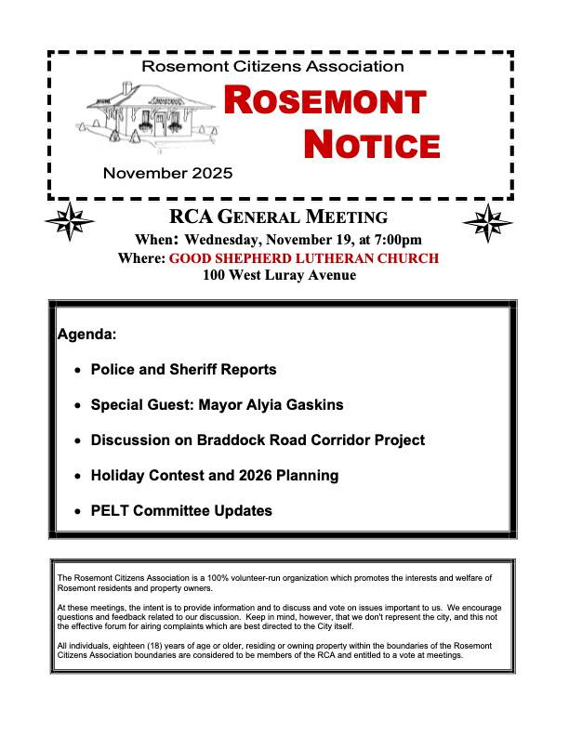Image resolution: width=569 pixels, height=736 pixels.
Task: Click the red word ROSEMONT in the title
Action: pyautogui.click(x=324, y=101)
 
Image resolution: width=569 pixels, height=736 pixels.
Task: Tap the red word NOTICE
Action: pyautogui.click(x=372, y=144)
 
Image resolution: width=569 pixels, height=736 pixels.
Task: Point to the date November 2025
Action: pyautogui.click(x=168, y=173)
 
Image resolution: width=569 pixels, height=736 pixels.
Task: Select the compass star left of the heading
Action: pyautogui.click(x=71, y=223)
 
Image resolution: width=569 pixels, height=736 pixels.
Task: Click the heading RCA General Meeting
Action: pyautogui.click(x=278, y=218)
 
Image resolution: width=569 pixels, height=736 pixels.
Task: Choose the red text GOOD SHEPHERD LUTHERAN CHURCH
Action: pyautogui.click(x=303, y=258)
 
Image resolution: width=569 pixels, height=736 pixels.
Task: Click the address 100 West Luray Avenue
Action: pyautogui.click(x=279, y=275)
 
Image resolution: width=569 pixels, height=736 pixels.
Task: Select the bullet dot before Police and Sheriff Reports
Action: pyautogui.click(x=76, y=370)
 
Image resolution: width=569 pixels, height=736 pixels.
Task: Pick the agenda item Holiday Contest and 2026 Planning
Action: pyautogui.click(x=214, y=476)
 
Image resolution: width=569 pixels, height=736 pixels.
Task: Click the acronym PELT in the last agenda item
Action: pyautogui.click(x=110, y=511)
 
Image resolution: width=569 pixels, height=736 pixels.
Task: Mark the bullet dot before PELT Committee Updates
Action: pyautogui.click(x=76, y=511)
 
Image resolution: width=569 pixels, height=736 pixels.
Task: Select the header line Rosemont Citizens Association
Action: pyautogui.click(x=272, y=67)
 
